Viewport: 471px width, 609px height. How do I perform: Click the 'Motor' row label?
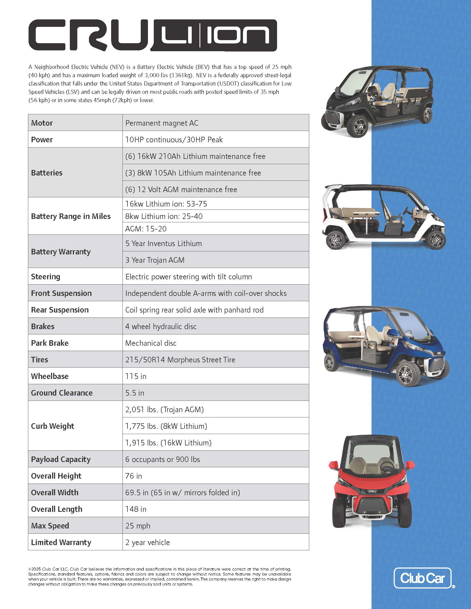pyautogui.click(x=42, y=123)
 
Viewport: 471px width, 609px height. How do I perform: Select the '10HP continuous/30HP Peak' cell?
pyautogui.click(x=174, y=140)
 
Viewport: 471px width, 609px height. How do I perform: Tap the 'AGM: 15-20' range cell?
pyautogui.click(x=146, y=229)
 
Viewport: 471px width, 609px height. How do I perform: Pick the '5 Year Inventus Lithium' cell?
pyautogui.click(x=163, y=243)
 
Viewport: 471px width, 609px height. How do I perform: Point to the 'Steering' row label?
pyautogui.click(x=45, y=277)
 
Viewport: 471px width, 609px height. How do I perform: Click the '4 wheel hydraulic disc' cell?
pyautogui.click(x=161, y=327)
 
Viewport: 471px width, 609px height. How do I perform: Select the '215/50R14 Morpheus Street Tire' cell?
pyautogui.click(x=180, y=360)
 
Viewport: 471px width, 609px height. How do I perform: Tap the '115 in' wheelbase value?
pyautogui.click(x=135, y=376)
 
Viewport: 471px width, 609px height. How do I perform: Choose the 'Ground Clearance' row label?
pyautogui.click(x=62, y=393)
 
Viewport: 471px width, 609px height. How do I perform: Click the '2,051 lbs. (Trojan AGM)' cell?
pyautogui.click(x=164, y=409)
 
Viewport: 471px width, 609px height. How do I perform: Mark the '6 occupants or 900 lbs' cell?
pyautogui.click(x=162, y=459)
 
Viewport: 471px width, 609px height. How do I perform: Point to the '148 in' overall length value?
pyautogui.click(x=135, y=509)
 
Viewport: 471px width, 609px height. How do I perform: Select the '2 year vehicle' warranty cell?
pyautogui.click(x=147, y=542)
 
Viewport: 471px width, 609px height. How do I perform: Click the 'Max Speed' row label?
pyautogui.click(x=50, y=526)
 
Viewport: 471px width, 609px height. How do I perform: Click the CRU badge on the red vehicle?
pyautogui.click(x=372, y=491)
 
